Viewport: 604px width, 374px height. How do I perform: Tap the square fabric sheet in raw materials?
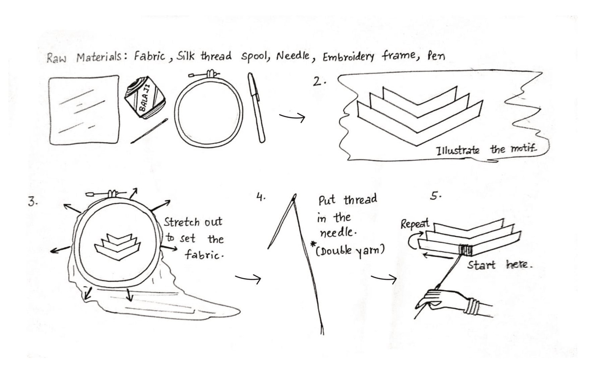(x=84, y=110)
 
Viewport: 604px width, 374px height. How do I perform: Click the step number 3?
(x=32, y=202)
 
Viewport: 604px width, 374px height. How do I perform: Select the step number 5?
(x=435, y=196)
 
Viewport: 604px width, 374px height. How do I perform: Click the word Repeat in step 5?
(x=415, y=224)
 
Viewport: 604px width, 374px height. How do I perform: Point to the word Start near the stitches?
(x=481, y=265)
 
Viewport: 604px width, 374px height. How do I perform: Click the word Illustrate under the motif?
(x=458, y=150)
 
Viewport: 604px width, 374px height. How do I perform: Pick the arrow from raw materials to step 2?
(x=292, y=117)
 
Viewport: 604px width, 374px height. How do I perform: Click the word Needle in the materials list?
(x=293, y=56)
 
